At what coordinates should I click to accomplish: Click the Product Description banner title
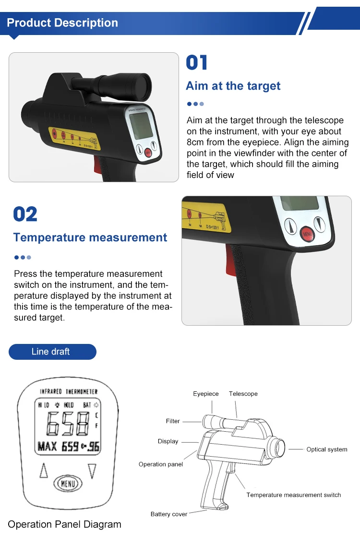(x=62, y=23)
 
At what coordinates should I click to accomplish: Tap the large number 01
(x=197, y=63)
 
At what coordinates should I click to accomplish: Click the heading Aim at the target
(x=233, y=86)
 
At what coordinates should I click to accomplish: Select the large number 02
(x=25, y=214)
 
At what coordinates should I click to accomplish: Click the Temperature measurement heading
(x=90, y=238)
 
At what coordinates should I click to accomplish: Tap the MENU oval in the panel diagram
(x=67, y=483)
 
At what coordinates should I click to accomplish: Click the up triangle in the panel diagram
(x=44, y=471)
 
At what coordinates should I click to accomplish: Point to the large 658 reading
(x=68, y=424)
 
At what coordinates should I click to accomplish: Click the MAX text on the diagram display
(x=48, y=447)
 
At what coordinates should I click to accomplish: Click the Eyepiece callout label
(x=206, y=394)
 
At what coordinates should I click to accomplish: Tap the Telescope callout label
(x=243, y=394)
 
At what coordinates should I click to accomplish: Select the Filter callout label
(x=173, y=421)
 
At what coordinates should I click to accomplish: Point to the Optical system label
(x=326, y=449)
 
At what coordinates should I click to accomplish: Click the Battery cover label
(x=168, y=514)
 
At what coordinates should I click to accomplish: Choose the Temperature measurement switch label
(x=293, y=495)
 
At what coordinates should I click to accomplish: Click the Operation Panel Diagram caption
(x=64, y=525)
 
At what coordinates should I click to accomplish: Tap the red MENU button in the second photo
(x=307, y=234)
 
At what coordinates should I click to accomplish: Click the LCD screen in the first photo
(x=142, y=126)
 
